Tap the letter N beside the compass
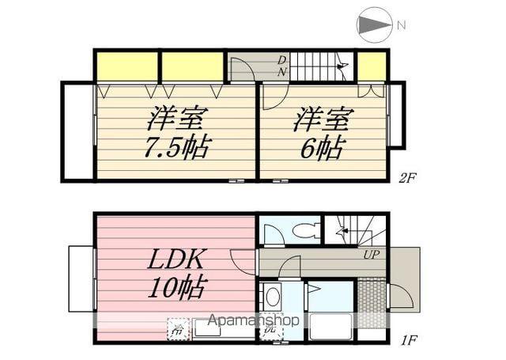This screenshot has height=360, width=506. [402, 25]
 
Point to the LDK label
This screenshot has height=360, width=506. [175, 259]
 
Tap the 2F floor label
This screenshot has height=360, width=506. [406, 179]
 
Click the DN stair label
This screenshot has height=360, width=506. [281, 66]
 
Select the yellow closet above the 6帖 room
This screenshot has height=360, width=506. [372, 66]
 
